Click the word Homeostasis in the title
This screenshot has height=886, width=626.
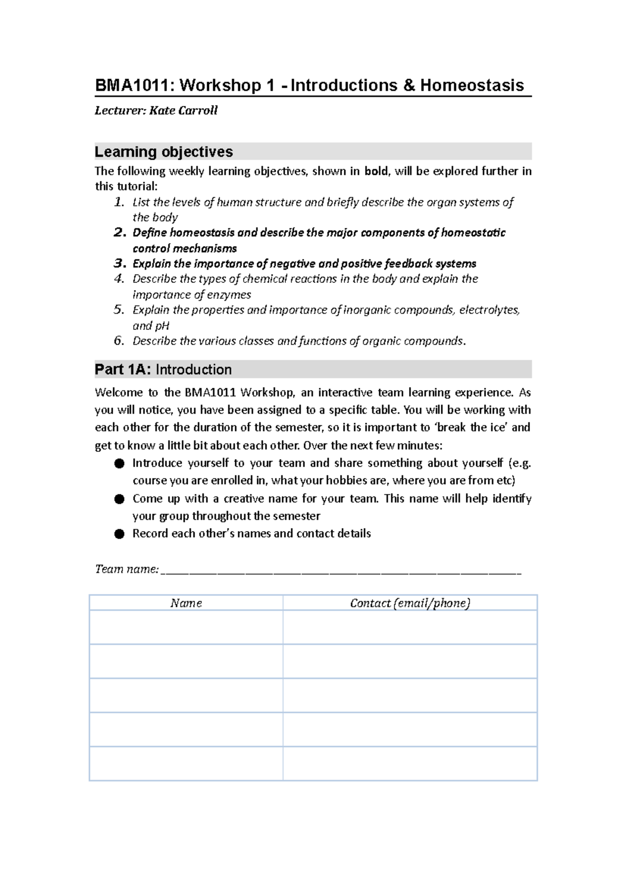tap(472, 86)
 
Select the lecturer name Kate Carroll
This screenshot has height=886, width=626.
tap(183, 111)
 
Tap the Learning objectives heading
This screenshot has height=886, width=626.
tap(164, 152)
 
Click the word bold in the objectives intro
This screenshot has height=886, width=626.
tap(376, 171)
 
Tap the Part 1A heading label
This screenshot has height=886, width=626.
tap(123, 369)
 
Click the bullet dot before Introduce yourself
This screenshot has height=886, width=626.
tap(119, 463)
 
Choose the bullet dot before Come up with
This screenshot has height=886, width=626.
tap(119, 499)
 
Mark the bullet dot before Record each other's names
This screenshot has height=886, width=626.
tap(119, 534)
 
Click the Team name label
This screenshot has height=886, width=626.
tap(126, 569)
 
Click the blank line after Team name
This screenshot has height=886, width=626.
tap(341, 570)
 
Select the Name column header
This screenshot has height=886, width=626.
tap(186, 603)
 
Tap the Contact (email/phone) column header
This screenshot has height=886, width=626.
tap(410, 603)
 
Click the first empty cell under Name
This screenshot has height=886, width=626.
tap(186, 627)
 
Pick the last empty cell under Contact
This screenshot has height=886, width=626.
tap(410, 763)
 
